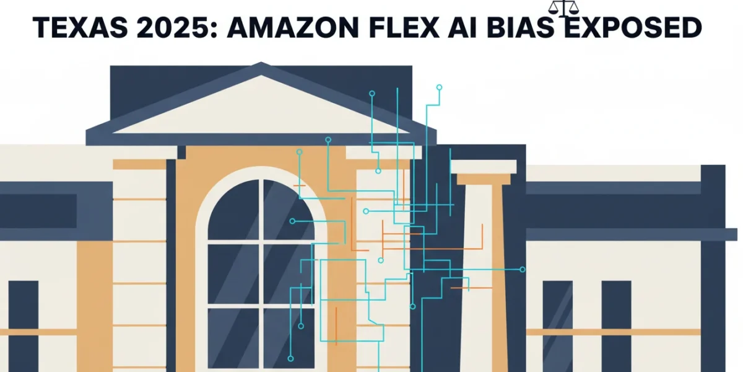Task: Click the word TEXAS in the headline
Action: point(80,27)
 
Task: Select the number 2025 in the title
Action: point(176,27)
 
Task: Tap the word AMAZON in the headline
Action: point(292,27)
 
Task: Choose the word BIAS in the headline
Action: point(521,27)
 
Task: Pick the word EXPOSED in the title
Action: point(633,27)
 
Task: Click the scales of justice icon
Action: point(563,9)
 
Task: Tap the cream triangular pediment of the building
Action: point(261,110)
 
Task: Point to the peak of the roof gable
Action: point(261,63)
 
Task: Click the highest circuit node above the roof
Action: point(439,87)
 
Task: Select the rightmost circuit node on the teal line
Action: point(523,269)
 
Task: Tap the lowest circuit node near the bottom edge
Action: point(290,358)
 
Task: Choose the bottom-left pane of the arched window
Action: point(233,338)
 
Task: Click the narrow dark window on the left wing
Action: point(24,326)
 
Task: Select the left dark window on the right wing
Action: point(558,326)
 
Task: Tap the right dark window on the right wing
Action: point(616,326)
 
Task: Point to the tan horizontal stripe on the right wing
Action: point(614,332)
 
